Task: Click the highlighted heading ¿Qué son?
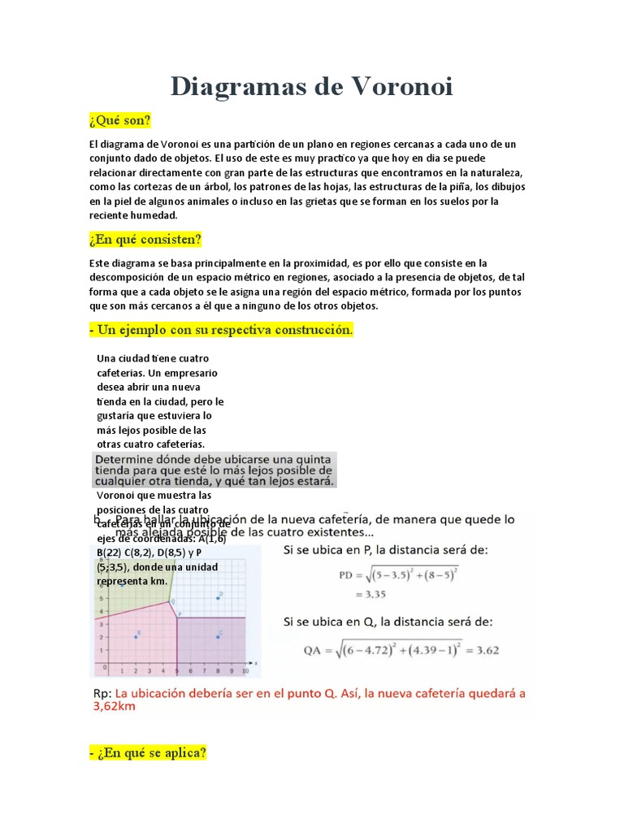[x=120, y=121]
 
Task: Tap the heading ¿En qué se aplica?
[x=148, y=753]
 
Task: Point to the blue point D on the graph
[x=218, y=598]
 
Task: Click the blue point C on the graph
[x=218, y=637]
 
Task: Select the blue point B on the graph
[x=136, y=637]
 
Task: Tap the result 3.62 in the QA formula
[x=502, y=649]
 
